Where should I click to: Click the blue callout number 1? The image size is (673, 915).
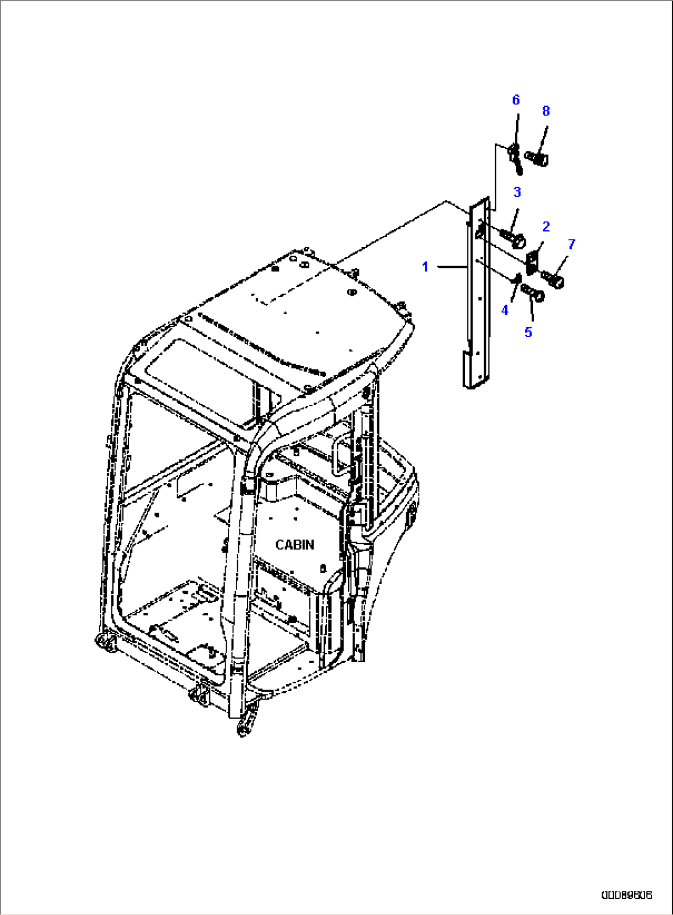click(x=425, y=267)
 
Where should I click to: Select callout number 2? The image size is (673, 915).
click(x=546, y=227)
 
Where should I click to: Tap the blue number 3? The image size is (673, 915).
click(x=517, y=192)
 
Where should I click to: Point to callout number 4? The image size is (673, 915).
click(x=505, y=310)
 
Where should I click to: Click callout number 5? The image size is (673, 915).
click(x=528, y=332)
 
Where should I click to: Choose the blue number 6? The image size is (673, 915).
click(x=516, y=100)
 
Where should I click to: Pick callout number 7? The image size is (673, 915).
click(x=571, y=244)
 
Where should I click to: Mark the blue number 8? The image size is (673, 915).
click(x=546, y=111)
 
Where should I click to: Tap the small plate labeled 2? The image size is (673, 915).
click(x=532, y=257)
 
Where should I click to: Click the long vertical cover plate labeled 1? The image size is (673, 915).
click(x=477, y=296)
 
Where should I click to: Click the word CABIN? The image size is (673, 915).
click(x=295, y=545)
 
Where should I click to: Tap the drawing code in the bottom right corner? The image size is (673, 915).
click(x=627, y=894)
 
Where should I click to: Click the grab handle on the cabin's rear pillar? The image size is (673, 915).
click(x=338, y=457)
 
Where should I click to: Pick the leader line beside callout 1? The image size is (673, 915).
click(x=451, y=267)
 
